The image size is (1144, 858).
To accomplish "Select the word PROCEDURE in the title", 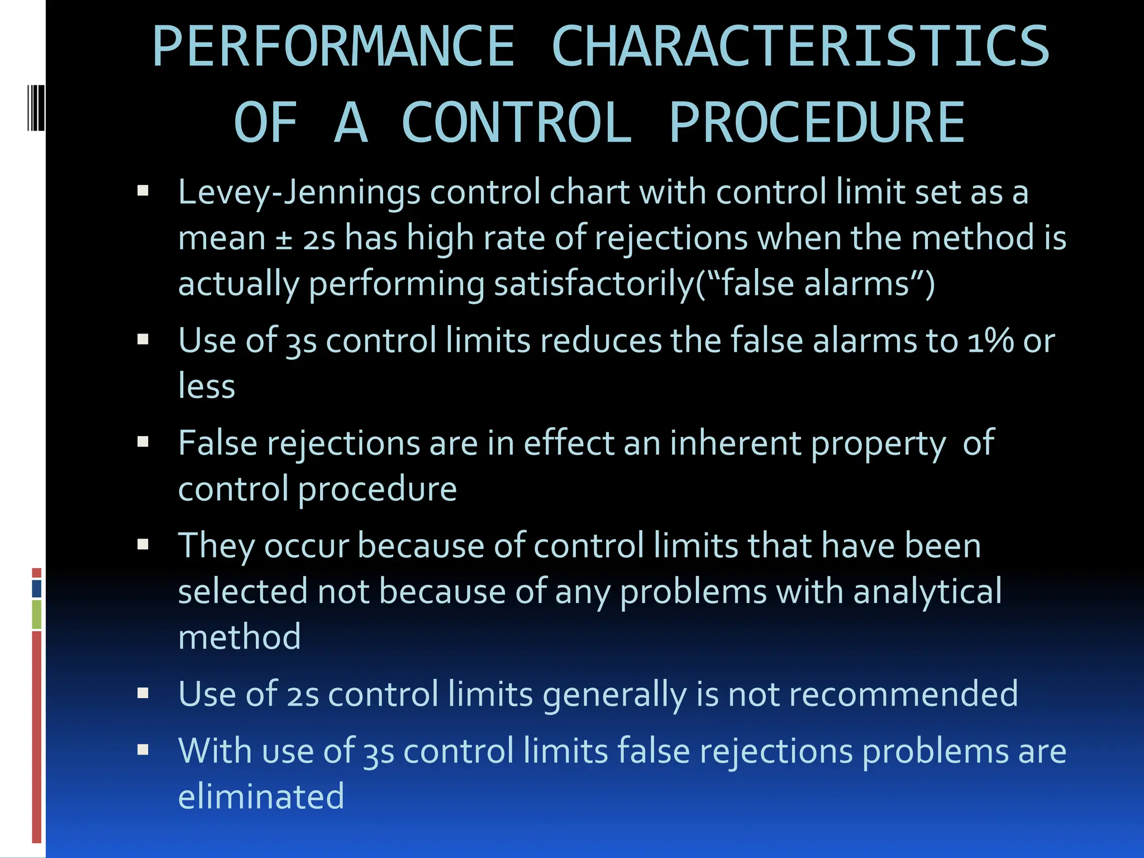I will pyautogui.click(x=817, y=123).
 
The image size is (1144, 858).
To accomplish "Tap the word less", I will pyautogui.click(x=207, y=386).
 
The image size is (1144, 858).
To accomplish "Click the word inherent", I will pyautogui.click(x=736, y=443).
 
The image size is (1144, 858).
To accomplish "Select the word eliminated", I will pyautogui.click(x=261, y=796).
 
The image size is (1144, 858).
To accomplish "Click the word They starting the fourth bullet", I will pyautogui.click(x=216, y=546).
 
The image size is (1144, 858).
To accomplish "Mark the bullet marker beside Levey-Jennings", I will pyautogui.click(x=143, y=192).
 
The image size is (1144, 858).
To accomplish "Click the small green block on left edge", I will pyautogui.click(x=37, y=614).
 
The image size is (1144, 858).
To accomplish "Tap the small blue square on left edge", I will pyautogui.click(x=37, y=588).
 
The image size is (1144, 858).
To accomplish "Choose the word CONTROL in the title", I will pyautogui.click(x=516, y=123).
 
